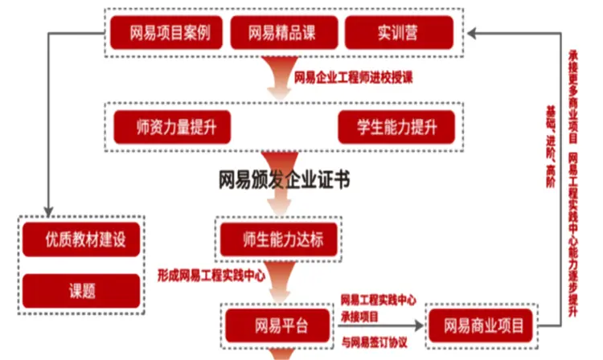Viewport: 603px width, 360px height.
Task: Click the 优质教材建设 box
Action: pos(80,239)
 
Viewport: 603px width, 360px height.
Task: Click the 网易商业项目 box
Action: pos(480,326)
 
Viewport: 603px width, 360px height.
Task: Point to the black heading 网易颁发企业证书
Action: pos(284,179)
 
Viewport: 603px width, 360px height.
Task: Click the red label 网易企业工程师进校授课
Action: pos(354,78)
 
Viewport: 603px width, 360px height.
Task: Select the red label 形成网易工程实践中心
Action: pos(211,275)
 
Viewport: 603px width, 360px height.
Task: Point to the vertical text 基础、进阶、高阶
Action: pos(551,145)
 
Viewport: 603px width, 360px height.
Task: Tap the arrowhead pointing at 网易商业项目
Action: pos(420,326)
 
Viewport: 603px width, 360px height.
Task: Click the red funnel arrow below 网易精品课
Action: pos(283,76)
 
